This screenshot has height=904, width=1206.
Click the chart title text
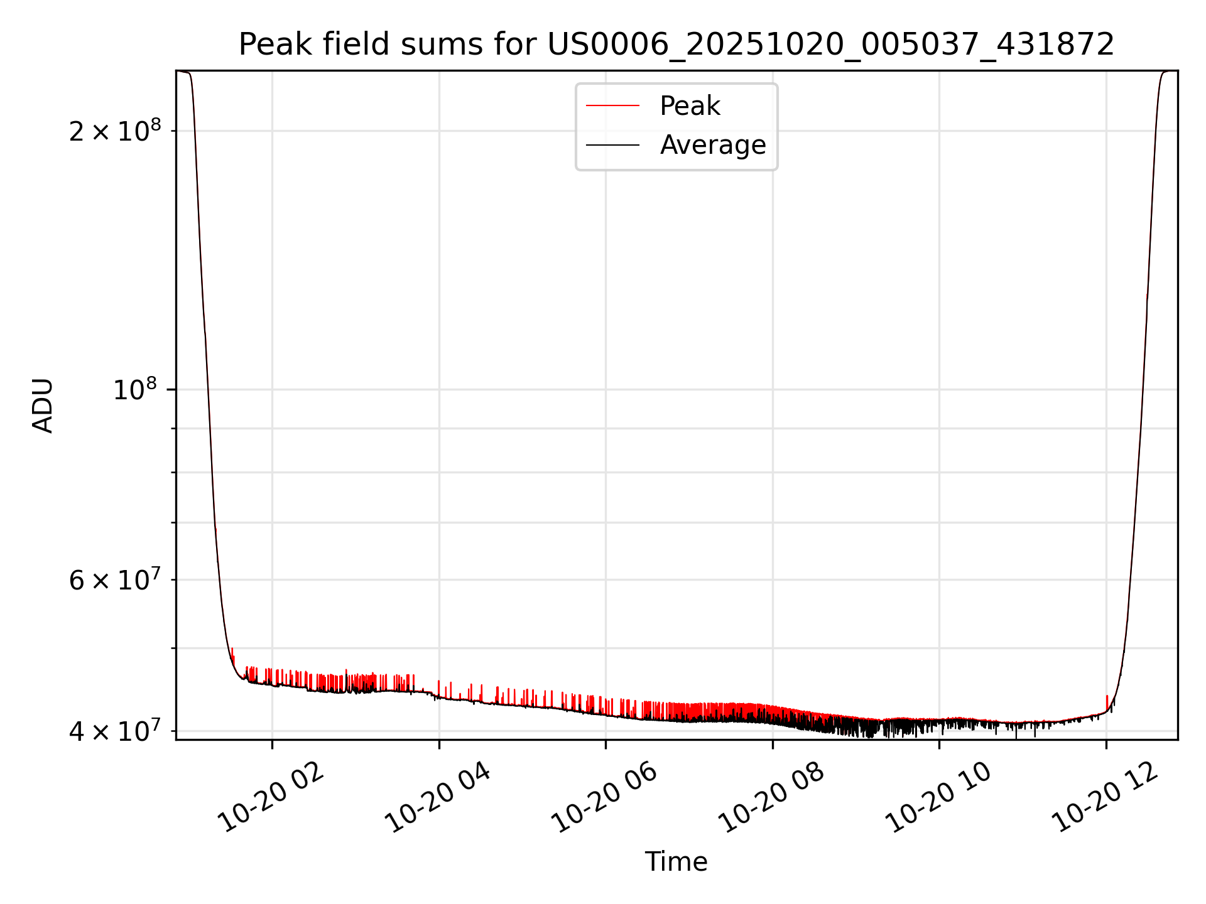pos(676,45)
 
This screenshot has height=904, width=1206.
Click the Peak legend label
pos(690,106)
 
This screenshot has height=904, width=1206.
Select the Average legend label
pos(713,145)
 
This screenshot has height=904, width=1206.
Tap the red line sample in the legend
pos(612,106)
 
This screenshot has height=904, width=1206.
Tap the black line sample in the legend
pos(612,145)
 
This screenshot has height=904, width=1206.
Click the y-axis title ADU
pos(43,406)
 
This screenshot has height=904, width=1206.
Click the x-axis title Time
pos(676,862)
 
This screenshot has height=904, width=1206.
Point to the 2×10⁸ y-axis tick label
pos(115,131)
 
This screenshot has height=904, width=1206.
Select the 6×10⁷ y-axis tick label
pos(115,580)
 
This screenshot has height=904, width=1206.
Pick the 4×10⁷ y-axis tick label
pos(115,731)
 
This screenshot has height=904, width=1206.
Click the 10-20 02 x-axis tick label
pos(271,799)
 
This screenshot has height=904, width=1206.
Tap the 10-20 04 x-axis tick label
pos(438,799)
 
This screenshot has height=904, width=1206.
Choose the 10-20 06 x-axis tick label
pos(605,799)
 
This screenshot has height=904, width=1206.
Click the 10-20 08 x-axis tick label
pos(771,799)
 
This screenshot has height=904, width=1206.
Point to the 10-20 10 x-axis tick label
pos(938,799)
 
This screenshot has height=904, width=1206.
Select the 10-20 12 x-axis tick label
pos(1105,799)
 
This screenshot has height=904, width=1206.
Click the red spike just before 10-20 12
pos(1107,702)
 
